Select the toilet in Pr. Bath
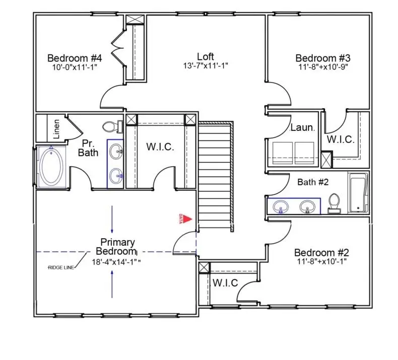pyautogui.click(x=111, y=126)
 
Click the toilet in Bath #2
pyautogui.click(x=333, y=203)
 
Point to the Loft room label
pyautogui.click(x=206, y=56)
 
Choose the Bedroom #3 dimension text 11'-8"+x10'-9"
pyautogui.click(x=322, y=66)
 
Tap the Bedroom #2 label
pyautogui.click(x=321, y=252)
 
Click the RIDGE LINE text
pyautogui.click(x=61, y=267)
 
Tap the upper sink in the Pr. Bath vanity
pyautogui.click(x=116, y=150)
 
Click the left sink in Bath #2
pyautogui.click(x=281, y=206)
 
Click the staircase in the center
pyautogui.click(x=215, y=176)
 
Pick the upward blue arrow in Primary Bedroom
pyautogui.click(x=112, y=284)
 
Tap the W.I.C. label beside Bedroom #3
pyautogui.click(x=341, y=138)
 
